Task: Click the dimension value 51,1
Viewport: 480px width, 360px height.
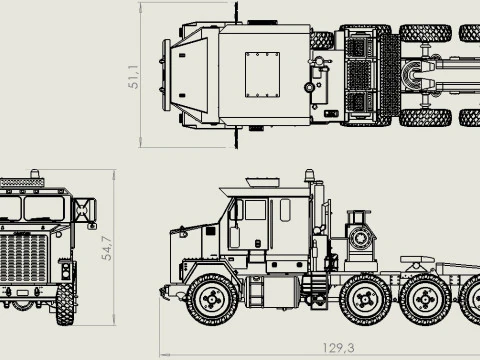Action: tap(133, 76)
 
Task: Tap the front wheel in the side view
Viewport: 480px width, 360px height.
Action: tap(212, 298)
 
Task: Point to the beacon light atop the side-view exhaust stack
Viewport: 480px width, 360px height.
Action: tap(309, 176)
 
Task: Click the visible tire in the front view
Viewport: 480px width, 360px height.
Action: tap(65, 304)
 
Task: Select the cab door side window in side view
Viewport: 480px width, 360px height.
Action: tap(254, 211)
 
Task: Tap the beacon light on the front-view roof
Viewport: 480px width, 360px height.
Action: tap(40, 177)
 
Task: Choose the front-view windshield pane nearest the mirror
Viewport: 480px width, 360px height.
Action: tap(50, 208)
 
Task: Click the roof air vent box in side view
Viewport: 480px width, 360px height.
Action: tap(262, 181)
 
